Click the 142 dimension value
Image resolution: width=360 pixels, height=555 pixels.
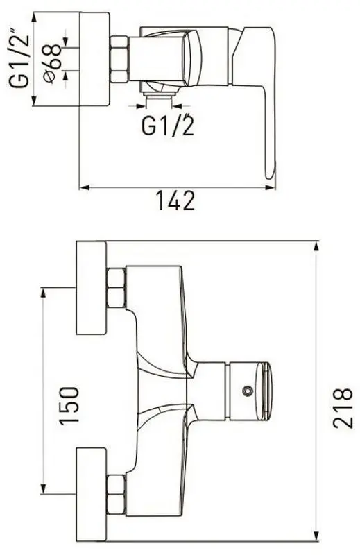(175, 200)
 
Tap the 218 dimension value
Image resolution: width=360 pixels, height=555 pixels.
(343, 408)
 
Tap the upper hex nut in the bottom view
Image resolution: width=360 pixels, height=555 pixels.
(116, 288)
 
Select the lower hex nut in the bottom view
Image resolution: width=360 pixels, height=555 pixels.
(116, 495)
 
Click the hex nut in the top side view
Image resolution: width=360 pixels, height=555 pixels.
(119, 60)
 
